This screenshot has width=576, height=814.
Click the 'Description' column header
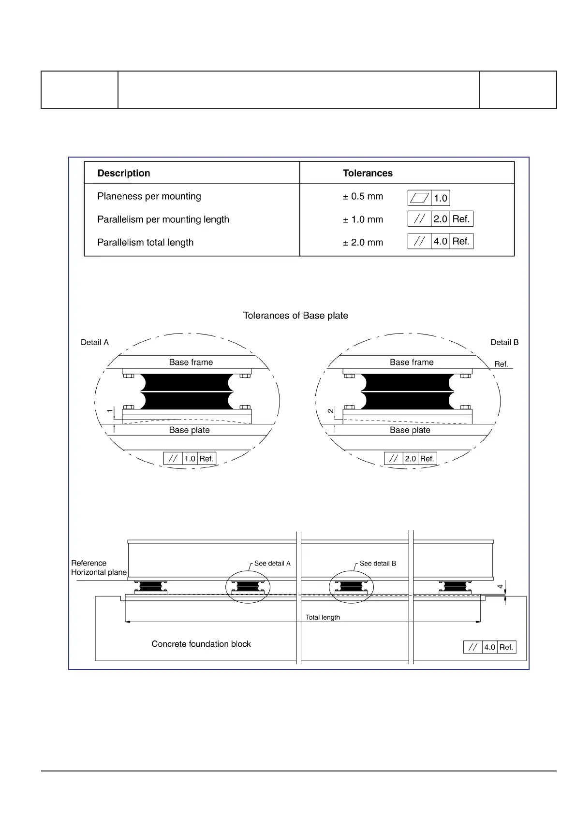pos(124,173)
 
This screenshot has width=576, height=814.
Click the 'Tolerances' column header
pos(368,173)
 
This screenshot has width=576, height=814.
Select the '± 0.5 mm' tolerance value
pos(363,196)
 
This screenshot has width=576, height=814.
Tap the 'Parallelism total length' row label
pos(145,242)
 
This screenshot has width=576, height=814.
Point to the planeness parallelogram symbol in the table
pos(419,198)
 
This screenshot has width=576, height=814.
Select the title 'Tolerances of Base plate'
pos(295,316)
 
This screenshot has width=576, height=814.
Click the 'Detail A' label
pos(95,342)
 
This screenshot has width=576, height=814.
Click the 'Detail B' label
pos(504,342)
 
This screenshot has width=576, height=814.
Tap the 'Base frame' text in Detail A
pos(191,362)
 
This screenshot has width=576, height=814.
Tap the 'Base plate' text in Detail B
pos(410,430)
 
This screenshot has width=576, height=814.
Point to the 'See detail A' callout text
pos(272,563)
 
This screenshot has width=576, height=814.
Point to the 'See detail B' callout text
pos(378,563)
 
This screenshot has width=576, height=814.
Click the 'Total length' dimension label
pos(323,617)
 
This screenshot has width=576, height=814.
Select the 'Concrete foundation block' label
pos(201,644)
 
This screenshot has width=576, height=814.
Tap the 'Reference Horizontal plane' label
pos(99,567)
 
